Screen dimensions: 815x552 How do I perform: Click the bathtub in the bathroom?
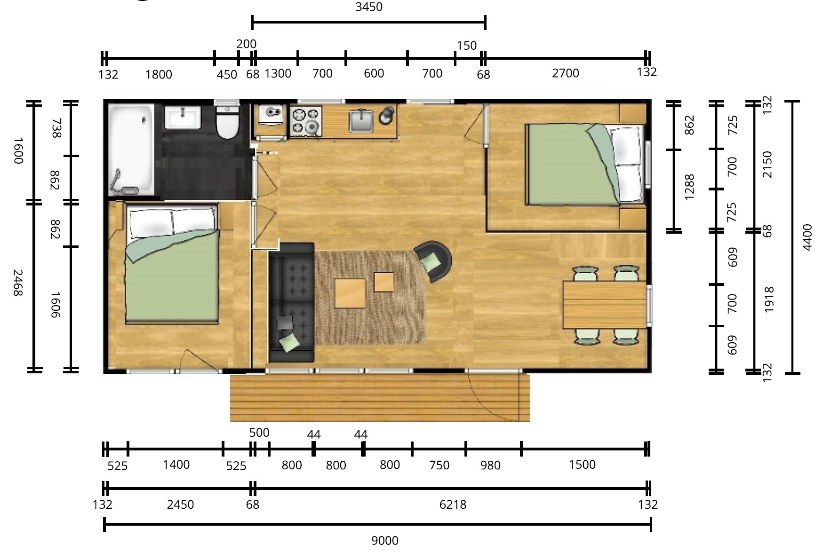tap(131, 150)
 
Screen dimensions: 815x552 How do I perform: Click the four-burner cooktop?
tap(305, 121)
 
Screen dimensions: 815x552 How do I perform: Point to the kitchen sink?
tap(361, 120)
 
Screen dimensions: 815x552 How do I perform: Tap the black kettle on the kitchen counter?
tap(387, 115)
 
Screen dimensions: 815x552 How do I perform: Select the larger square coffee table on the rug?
tap(350, 293)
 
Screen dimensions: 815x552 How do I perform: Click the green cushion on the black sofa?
tap(289, 341)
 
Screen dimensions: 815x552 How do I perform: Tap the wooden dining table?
tap(605, 304)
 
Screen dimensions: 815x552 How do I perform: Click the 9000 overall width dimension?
tap(385, 541)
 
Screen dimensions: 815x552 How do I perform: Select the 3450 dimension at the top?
tap(369, 7)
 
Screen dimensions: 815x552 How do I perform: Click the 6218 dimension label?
tap(453, 505)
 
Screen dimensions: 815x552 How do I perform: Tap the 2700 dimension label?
tap(566, 73)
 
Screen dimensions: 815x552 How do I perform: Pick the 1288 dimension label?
tap(689, 187)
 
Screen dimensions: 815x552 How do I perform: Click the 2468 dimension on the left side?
tap(17, 283)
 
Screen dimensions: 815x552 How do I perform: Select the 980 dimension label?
tap(490, 465)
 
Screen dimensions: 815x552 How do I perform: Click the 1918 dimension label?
tap(769, 300)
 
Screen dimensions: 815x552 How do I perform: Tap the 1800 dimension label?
tap(159, 74)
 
